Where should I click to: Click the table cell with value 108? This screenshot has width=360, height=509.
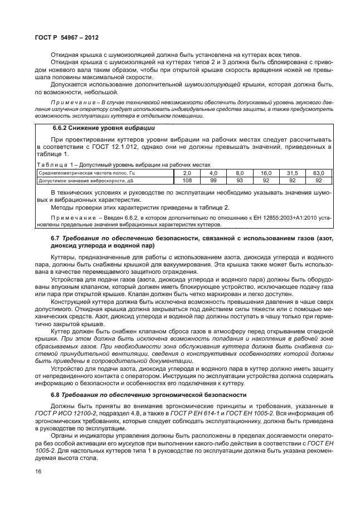pyautogui.click(x=187, y=180)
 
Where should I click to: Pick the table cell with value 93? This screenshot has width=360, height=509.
pyautogui.click(x=240, y=180)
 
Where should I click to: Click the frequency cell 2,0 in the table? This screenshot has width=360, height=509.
pyautogui.click(x=187, y=173)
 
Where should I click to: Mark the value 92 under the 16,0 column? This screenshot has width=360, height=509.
pyautogui.click(x=266, y=180)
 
